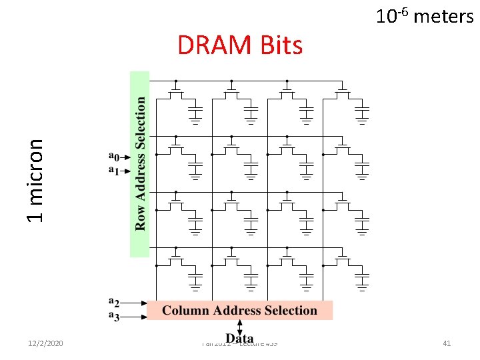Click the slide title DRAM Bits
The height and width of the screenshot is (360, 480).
[x=240, y=45]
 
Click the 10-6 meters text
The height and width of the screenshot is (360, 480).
[x=425, y=15]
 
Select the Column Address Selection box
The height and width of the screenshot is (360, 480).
[x=239, y=310]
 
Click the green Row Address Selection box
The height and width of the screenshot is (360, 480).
[x=139, y=163]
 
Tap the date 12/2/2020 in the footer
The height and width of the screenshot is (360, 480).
[x=45, y=343]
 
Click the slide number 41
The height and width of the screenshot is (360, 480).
[x=447, y=343]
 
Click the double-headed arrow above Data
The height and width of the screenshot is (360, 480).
[x=240, y=325]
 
